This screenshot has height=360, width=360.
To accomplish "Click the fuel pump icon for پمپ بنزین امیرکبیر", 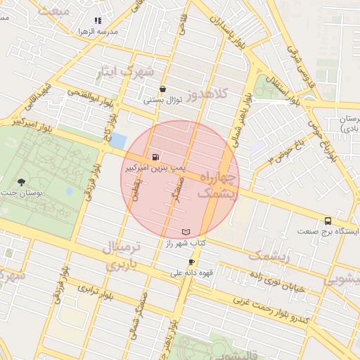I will tap(155, 157).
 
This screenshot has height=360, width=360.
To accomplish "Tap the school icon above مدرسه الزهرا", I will tap(97, 21).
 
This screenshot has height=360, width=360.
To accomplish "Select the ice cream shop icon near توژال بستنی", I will tap(164, 89).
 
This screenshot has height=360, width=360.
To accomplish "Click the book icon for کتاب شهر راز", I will tap(186, 231).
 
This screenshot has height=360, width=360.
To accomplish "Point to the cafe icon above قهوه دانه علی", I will tap(191, 262).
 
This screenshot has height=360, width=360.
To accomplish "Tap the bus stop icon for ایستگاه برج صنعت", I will tap(328, 221).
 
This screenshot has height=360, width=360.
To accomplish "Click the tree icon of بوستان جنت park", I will tap(22, 182).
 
